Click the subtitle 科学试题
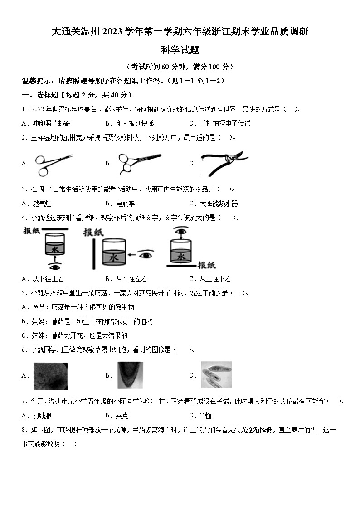180,50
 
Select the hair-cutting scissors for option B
138,163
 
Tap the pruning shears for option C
224,164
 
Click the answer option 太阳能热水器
219,204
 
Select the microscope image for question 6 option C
216,375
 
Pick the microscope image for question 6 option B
130,375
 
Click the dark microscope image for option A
50,376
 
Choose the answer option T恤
206,416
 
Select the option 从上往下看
216,279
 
